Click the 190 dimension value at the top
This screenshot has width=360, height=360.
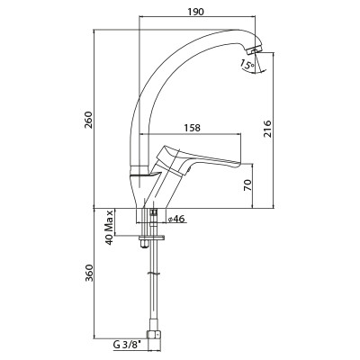pos(195,12)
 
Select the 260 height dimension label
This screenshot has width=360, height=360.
pos(89,120)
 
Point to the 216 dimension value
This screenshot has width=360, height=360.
pos(267,129)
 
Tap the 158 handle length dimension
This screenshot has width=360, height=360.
pos(192,128)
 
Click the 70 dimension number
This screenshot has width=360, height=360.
pos(247,185)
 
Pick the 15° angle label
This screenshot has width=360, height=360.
pos(247,65)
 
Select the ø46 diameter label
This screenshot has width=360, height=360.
pos(176,220)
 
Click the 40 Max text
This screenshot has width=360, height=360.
pos(110,227)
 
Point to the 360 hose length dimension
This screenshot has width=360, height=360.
pos(89,273)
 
